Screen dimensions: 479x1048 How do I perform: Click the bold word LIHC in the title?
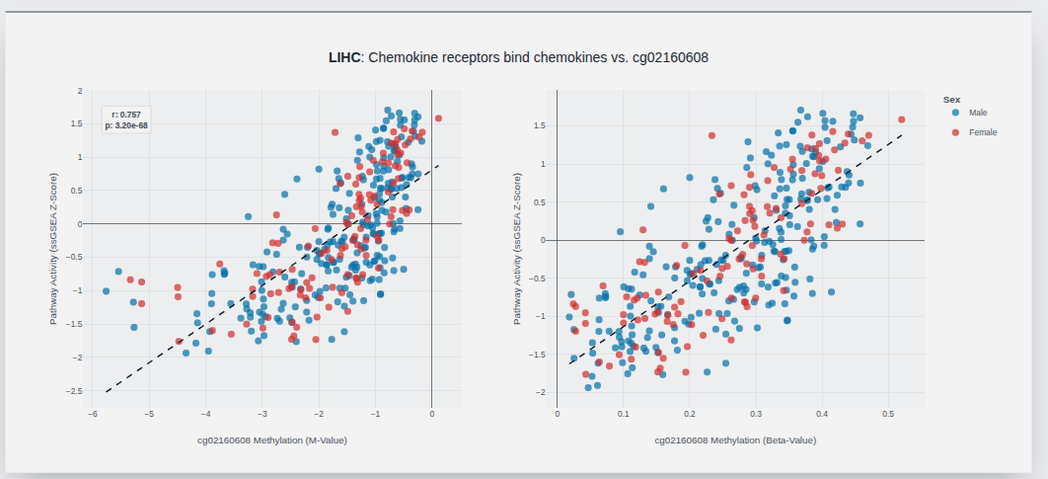(344, 58)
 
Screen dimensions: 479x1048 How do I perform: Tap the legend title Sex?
(951, 99)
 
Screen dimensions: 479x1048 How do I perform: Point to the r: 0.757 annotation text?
(126, 115)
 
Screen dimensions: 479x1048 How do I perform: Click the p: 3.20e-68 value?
(126, 125)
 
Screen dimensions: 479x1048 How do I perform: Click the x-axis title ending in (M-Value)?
(272, 439)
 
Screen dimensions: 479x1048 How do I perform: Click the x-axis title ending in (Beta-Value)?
(735, 439)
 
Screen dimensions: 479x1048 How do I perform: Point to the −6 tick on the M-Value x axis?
(92, 415)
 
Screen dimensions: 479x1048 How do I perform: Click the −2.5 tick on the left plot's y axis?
(74, 391)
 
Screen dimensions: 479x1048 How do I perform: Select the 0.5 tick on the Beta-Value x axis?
(887, 415)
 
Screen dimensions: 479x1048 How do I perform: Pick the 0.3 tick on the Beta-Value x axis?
(755, 415)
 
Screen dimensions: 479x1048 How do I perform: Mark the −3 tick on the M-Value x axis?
(262, 415)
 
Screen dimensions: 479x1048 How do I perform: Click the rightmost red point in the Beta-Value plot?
(901, 120)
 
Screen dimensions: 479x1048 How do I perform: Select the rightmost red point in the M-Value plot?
(438, 119)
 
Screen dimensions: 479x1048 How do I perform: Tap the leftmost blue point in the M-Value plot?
(106, 291)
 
